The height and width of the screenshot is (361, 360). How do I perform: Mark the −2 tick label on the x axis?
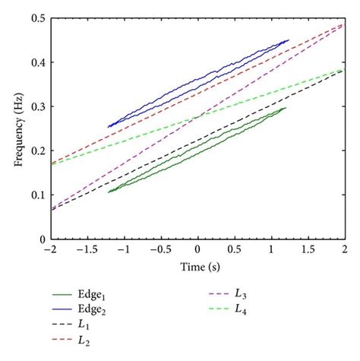pos(50,250)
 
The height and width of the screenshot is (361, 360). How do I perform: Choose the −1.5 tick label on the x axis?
pos(87,250)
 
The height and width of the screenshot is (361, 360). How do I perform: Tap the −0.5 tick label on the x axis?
pos(159,250)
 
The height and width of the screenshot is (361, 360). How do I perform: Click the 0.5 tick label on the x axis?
pos(234,250)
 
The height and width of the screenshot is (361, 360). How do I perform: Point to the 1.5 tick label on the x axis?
pos(308,250)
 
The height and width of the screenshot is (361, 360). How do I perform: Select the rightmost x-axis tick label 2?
pos(345,250)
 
